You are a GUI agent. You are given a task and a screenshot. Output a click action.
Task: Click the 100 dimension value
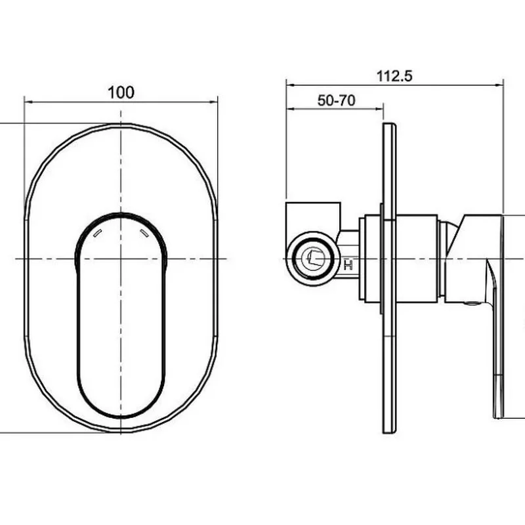coord(121,92)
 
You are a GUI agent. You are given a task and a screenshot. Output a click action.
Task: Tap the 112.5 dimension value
coord(394,76)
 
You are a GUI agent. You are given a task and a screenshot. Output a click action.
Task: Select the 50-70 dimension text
coord(336,100)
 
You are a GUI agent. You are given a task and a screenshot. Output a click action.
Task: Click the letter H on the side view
coord(348,266)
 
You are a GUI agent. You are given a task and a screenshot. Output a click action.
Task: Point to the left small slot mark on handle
coord(97,233)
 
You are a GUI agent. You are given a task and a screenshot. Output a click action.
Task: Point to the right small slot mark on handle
coord(144,233)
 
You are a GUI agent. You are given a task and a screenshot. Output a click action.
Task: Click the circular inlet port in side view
coord(313,258)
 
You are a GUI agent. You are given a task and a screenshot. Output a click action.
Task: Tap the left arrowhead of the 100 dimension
coord(29,102)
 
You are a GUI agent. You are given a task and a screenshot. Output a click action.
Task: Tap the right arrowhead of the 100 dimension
coord(213,102)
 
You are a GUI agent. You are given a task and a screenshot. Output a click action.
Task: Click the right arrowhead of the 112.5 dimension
coord(499,85)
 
